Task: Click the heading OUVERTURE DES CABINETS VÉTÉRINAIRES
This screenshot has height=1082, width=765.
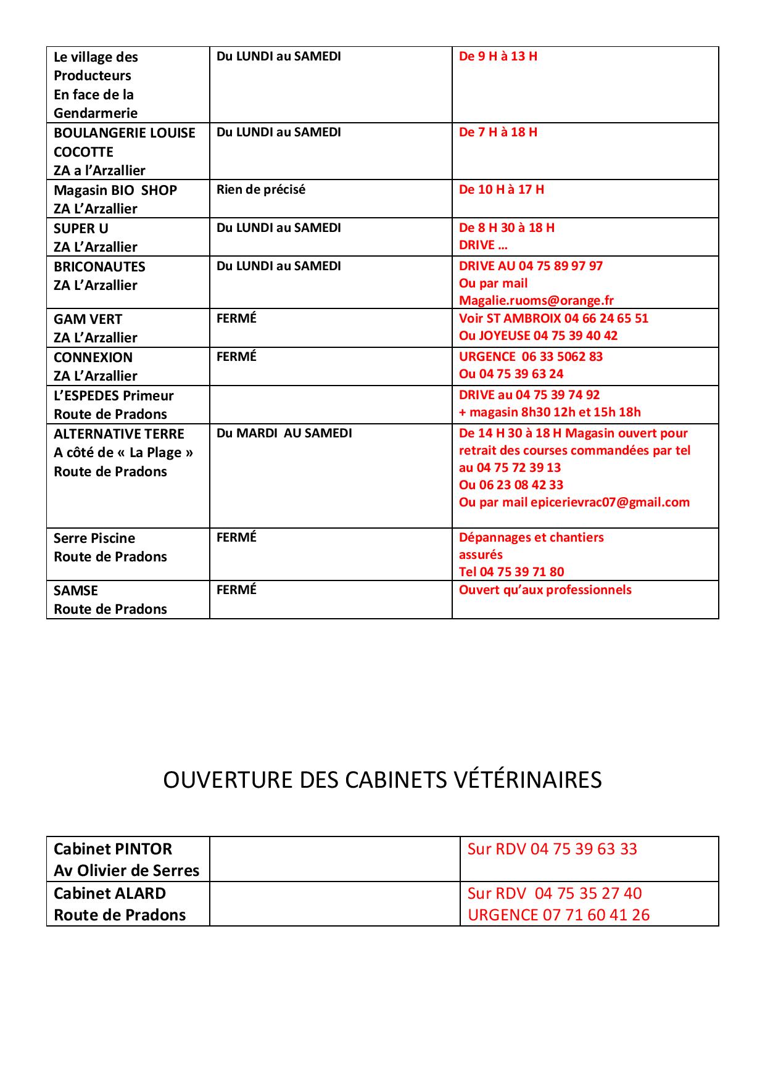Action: point(382,780)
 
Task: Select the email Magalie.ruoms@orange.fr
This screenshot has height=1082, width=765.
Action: point(536,300)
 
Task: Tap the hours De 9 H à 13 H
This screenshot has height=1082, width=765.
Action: point(498,56)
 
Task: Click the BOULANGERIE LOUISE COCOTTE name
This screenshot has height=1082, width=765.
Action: point(124,142)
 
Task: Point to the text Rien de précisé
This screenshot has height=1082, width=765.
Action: point(260,189)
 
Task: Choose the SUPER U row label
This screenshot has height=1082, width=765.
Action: point(81,228)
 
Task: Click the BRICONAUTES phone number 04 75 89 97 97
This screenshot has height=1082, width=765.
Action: point(560,266)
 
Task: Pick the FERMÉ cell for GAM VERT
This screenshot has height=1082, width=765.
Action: point(236,318)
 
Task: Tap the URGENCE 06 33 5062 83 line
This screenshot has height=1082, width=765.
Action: point(531,357)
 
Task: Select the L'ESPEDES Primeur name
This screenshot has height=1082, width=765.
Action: point(114,395)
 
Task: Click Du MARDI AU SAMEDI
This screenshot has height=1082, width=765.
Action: point(284,433)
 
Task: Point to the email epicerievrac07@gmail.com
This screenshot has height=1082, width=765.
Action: point(610,502)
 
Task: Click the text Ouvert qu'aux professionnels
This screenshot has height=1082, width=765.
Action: point(545,590)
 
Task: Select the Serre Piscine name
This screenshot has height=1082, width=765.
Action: point(94,538)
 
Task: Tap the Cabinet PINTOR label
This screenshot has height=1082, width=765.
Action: point(113,849)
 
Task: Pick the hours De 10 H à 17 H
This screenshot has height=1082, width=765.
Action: point(501,189)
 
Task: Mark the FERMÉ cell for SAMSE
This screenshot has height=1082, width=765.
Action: point(236,590)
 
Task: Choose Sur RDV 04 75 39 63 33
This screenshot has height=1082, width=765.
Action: point(552,849)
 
